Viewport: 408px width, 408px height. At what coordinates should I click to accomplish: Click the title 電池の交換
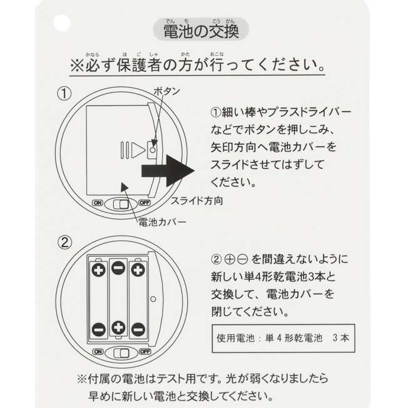[201, 31]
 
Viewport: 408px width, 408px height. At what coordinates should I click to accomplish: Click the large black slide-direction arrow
[168, 171]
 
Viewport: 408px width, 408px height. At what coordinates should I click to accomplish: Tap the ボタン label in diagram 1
[167, 91]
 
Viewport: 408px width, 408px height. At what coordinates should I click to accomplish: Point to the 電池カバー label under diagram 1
[162, 222]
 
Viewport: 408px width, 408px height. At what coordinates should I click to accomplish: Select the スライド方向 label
[196, 201]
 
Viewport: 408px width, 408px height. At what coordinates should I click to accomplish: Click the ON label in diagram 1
[98, 203]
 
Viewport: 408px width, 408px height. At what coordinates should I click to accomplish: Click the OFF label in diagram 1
[145, 203]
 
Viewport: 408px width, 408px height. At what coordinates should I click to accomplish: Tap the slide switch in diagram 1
[121, 204]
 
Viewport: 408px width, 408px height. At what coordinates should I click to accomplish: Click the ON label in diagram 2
[98, 352]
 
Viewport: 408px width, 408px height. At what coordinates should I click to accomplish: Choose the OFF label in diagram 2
[145, 352]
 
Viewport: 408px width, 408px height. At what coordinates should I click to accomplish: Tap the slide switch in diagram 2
[121, 354]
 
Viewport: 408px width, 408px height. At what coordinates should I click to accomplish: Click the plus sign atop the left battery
[99, 270]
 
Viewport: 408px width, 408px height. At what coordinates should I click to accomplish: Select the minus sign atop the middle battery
[118, 268]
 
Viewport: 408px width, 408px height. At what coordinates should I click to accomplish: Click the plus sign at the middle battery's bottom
[118, 327]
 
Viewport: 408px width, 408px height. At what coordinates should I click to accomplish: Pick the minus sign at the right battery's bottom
[138, 329]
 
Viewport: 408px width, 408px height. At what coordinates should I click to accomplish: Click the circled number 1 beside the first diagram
[64, 94]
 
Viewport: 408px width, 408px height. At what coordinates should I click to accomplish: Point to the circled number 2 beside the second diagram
[64, 243]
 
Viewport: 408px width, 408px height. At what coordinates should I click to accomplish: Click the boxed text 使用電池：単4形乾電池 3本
[283, 338]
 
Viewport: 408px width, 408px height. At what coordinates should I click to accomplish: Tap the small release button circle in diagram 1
[153, 150]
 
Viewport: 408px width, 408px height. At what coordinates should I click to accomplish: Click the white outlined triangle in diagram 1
[138, 150]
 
